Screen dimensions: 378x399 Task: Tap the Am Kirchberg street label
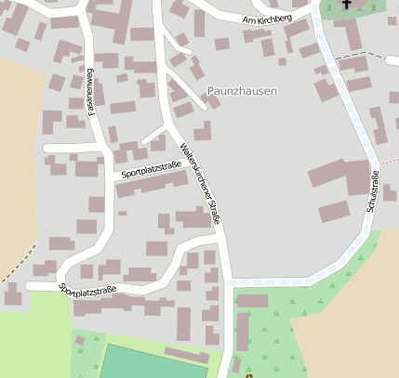click(266, 20)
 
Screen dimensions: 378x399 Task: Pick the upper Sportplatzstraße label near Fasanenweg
click(150, 168)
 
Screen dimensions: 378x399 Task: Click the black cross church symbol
click(347, 5)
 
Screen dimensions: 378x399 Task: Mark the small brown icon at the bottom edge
click(247, 374)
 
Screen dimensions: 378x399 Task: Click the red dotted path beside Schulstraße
click(378, 163)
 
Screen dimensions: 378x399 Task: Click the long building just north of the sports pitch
click(187, 355)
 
